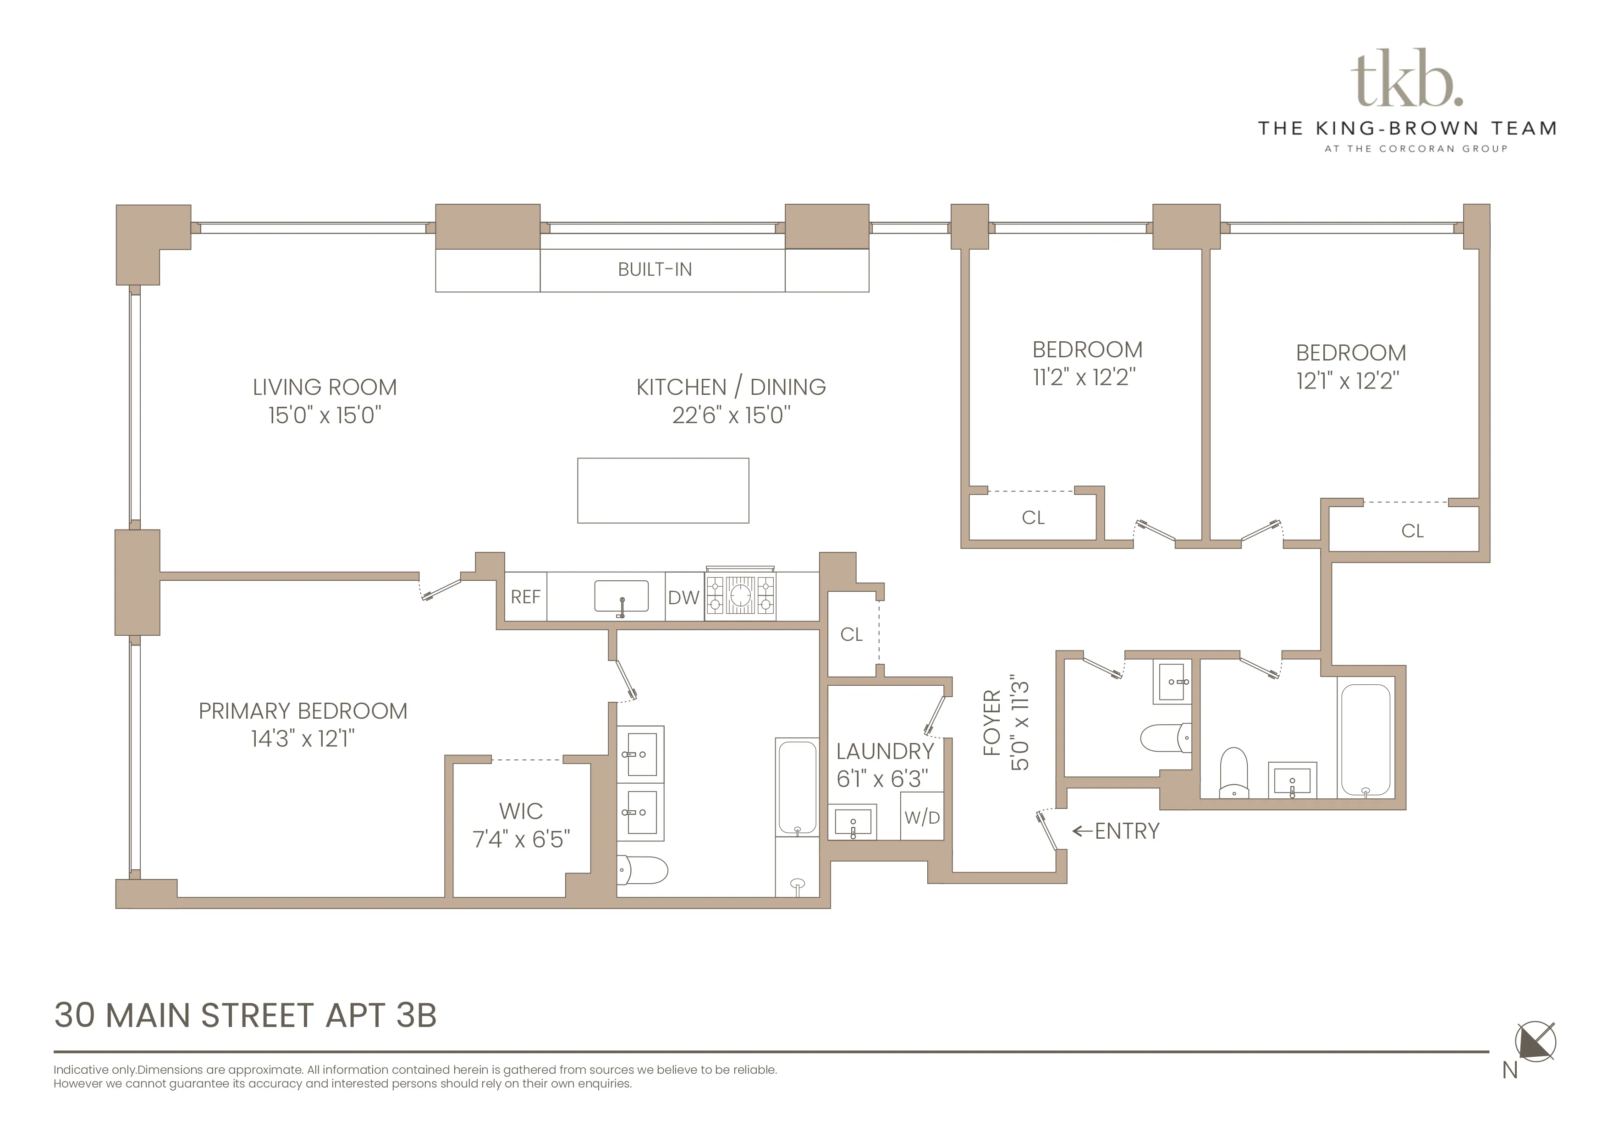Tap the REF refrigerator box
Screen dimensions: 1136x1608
525,597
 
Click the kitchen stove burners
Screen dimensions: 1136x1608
740,595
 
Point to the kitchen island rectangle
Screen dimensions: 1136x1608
662,491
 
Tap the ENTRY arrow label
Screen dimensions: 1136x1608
1116,831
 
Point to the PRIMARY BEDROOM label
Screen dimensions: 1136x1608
303,711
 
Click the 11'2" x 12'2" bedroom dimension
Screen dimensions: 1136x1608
1084,378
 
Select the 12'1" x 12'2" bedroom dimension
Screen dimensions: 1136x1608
1348,382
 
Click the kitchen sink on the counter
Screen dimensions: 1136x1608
621,597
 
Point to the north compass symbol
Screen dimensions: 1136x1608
1535,1042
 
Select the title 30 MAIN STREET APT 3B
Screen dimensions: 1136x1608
245,1016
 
